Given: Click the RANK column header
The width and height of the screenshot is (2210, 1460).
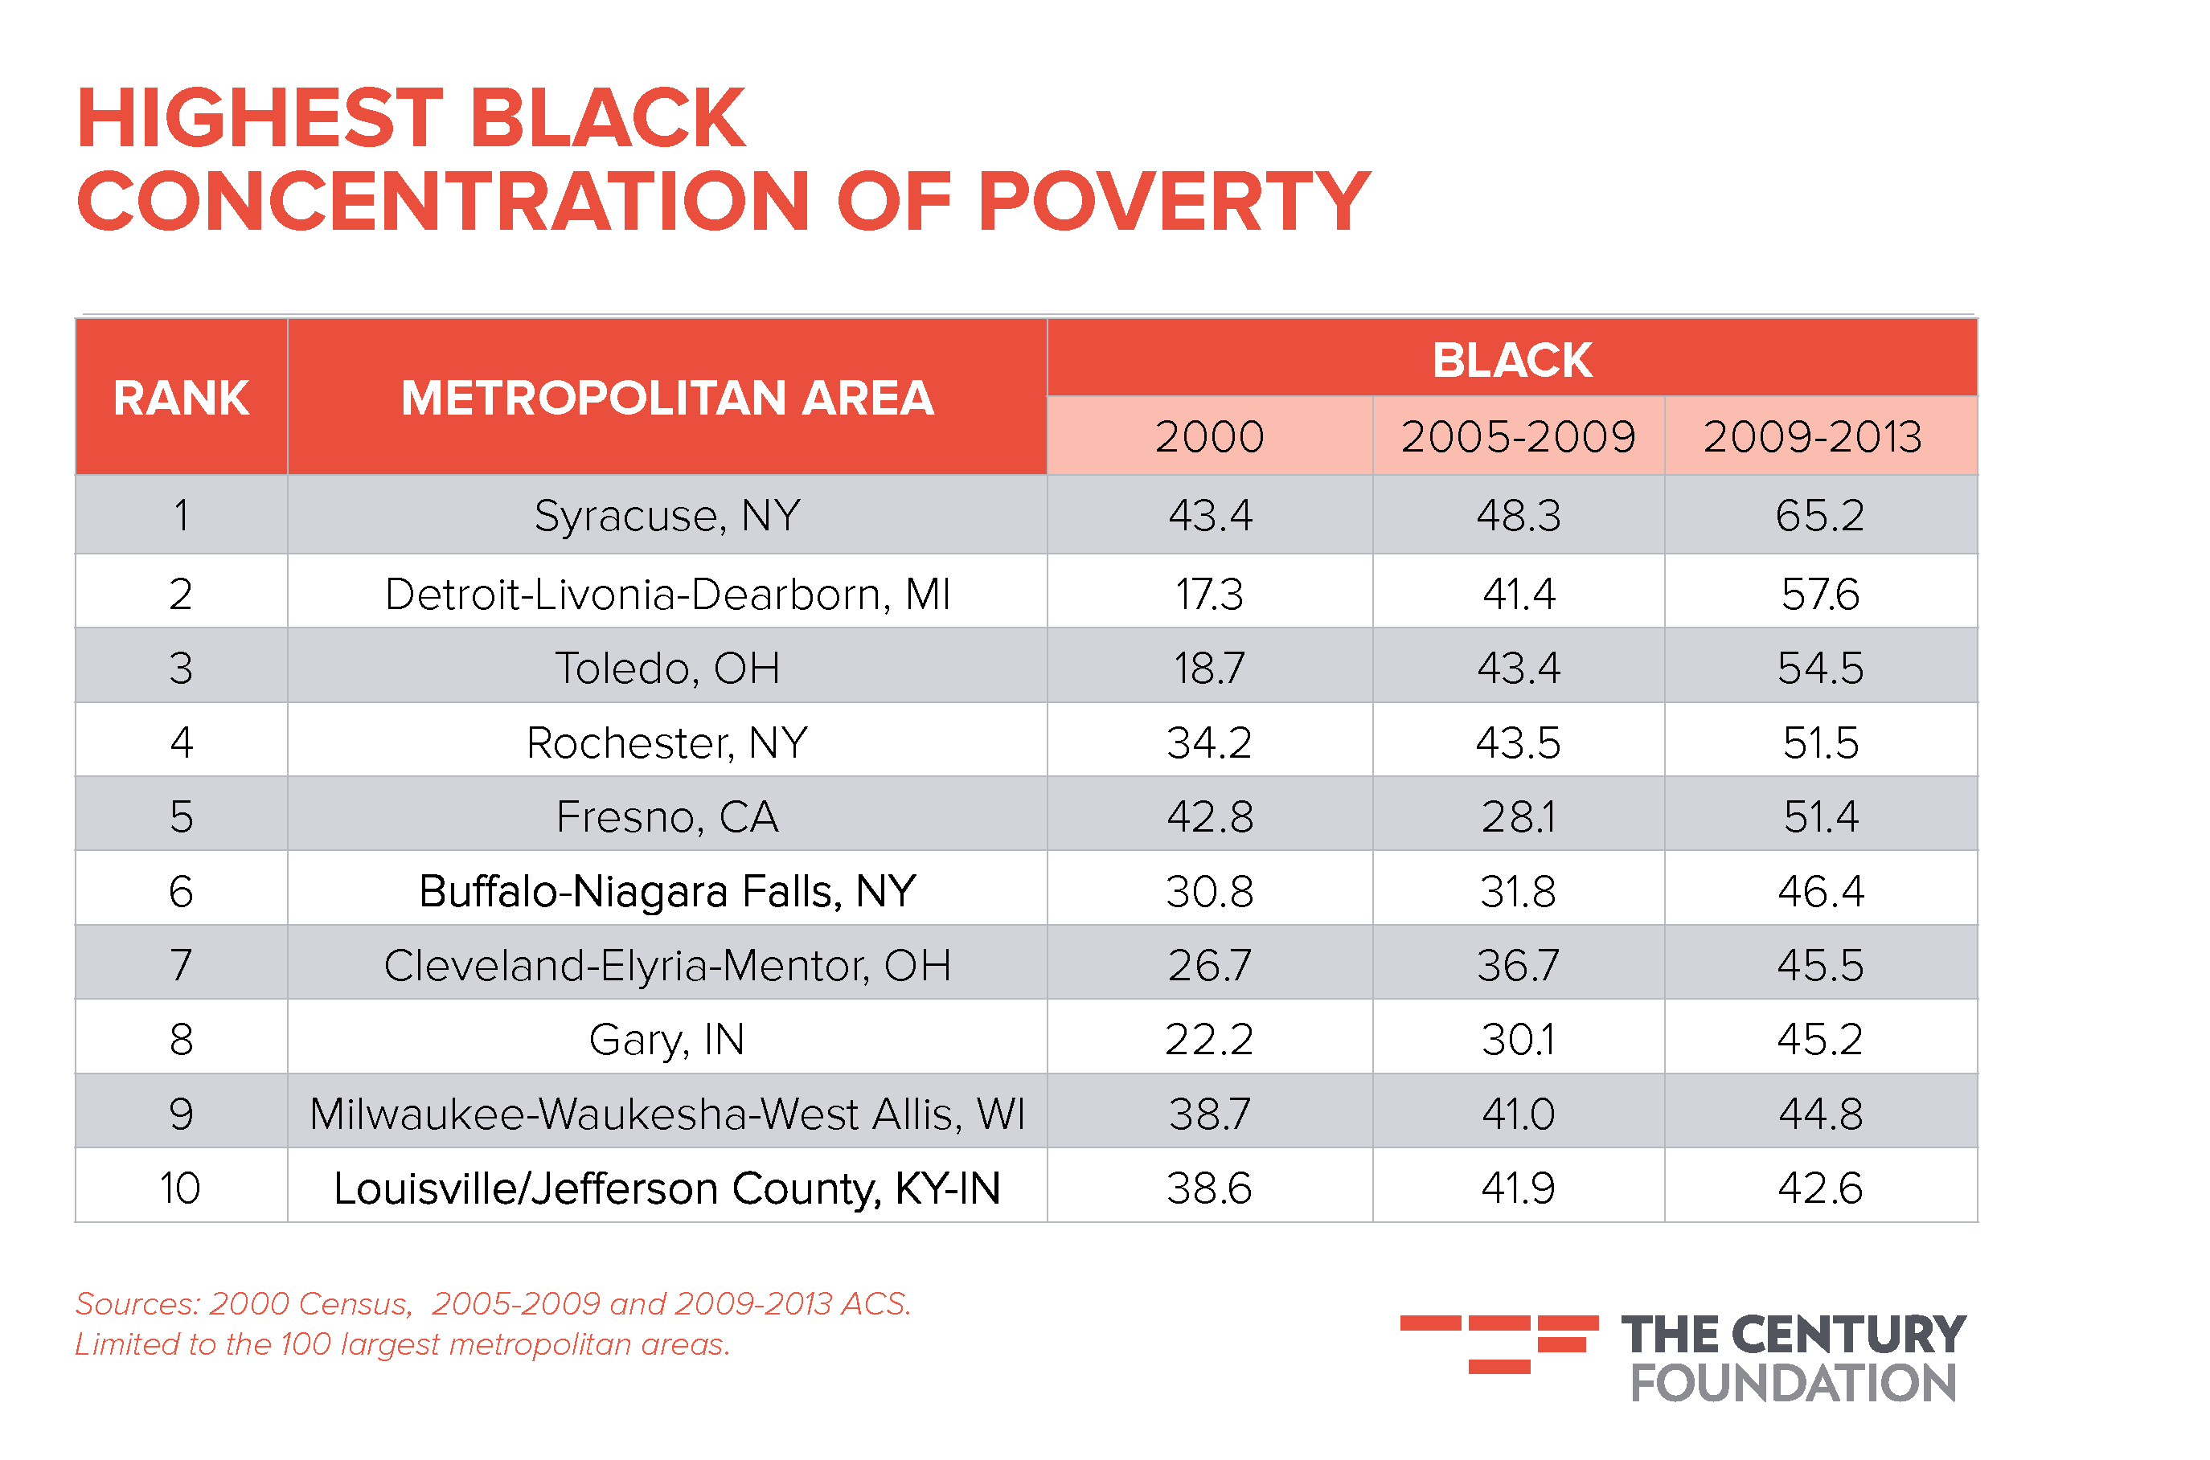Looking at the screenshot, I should pos(181,399).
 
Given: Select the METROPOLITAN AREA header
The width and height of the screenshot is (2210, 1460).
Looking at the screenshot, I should pos(666,399).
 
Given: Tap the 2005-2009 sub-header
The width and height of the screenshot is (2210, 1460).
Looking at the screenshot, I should pos(1517,436).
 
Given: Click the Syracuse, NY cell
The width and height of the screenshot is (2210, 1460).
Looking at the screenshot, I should pos(666,515).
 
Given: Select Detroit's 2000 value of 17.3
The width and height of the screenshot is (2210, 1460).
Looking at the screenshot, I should pos(1209,594).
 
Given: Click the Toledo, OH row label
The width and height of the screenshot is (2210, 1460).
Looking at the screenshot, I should pos(666,668).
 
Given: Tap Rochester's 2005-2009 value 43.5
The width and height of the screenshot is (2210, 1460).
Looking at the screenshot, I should pos(1517,742).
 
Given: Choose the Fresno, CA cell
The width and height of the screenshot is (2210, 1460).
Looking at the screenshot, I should pos(666,816).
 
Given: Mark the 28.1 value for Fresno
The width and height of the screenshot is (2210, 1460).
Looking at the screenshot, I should pos(1517,816).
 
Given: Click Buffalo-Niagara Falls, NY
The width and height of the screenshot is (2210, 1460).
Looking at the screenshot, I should pos(666,891).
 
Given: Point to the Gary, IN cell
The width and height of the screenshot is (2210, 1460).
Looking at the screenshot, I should pos(666,1039).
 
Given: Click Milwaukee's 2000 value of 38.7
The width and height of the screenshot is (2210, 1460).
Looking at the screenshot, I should pos(1209,1114).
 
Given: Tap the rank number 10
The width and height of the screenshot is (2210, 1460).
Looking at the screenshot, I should pos(181,1188).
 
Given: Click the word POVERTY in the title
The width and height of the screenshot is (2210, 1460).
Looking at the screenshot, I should pos(1174,201).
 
